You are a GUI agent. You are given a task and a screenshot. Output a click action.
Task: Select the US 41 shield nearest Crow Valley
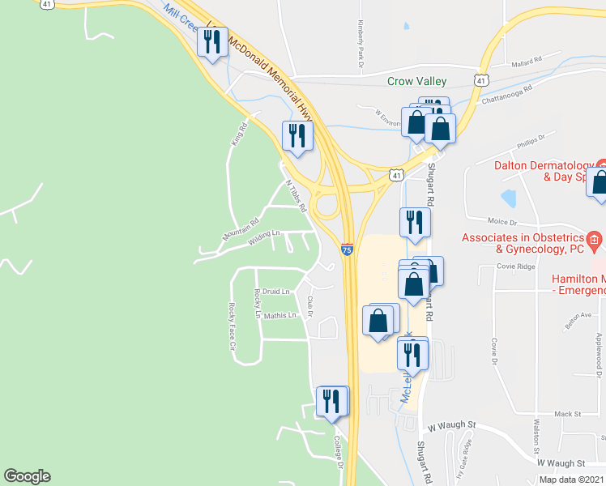[481, 81]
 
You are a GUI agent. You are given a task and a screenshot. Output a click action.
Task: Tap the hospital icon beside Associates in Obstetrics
[595, 240]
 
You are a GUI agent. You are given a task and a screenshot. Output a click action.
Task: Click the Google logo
[27, 476]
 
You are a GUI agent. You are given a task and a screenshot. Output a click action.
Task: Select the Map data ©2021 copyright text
[570, 480]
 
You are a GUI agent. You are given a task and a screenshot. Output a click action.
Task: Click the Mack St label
[568, 414]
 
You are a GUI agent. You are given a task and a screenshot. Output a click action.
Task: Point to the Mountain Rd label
[241, 229]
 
